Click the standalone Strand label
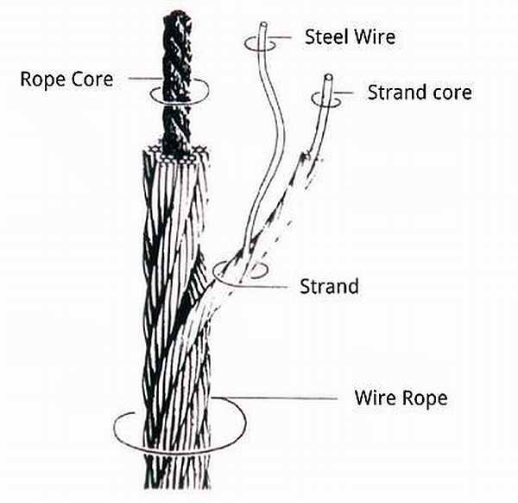pyautogui.click(x=328, y=285)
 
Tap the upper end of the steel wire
pyautogui.click(x=258, y=25)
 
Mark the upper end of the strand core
pyautogui.click(x=327, y=76)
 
